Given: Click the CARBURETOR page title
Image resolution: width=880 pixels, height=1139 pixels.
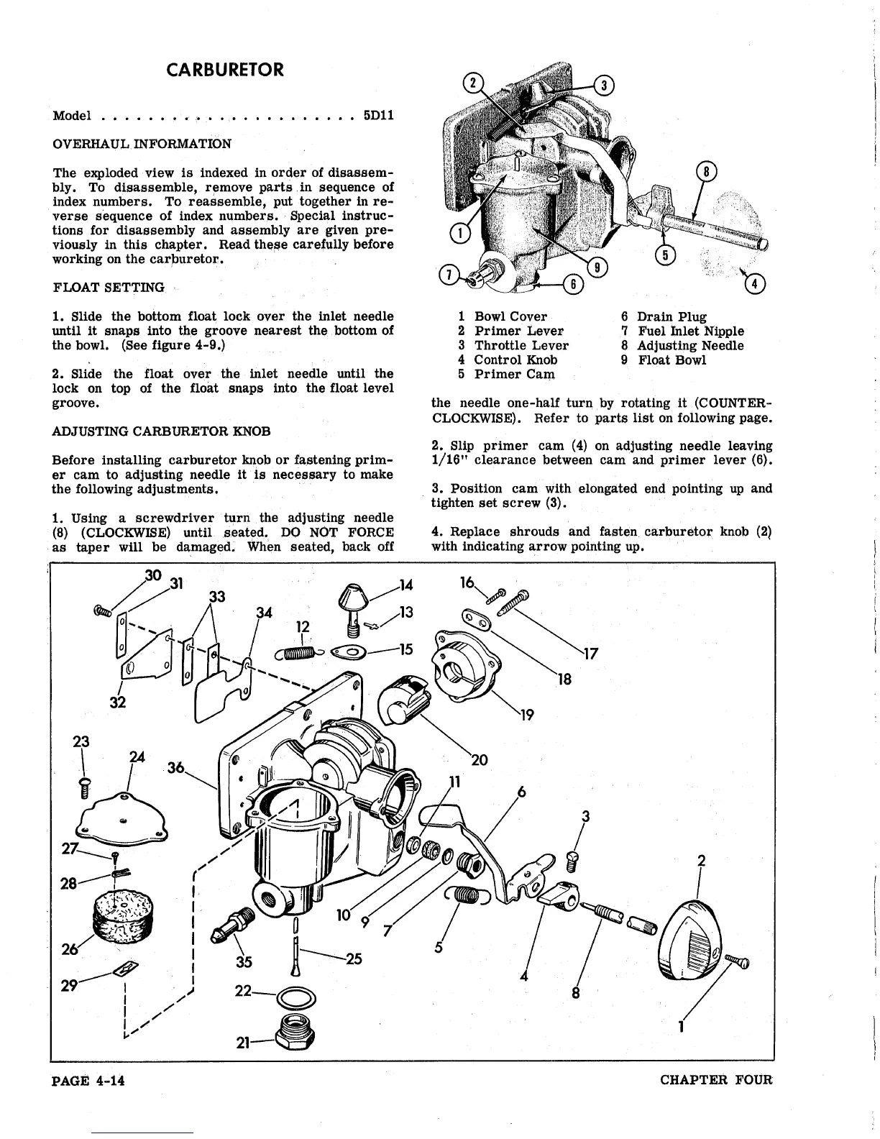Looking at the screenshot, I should point(224,70).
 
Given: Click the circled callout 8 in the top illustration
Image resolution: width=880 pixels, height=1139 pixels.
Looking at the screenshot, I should point(708,173).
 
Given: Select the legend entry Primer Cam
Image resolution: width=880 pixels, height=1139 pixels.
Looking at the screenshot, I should point(514,374).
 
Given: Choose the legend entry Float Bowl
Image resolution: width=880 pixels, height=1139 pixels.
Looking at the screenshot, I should point(672,360).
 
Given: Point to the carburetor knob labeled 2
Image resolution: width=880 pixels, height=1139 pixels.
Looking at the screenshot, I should point(694,942).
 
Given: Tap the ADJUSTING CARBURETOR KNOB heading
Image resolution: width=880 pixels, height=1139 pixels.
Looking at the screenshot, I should point(161,431).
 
